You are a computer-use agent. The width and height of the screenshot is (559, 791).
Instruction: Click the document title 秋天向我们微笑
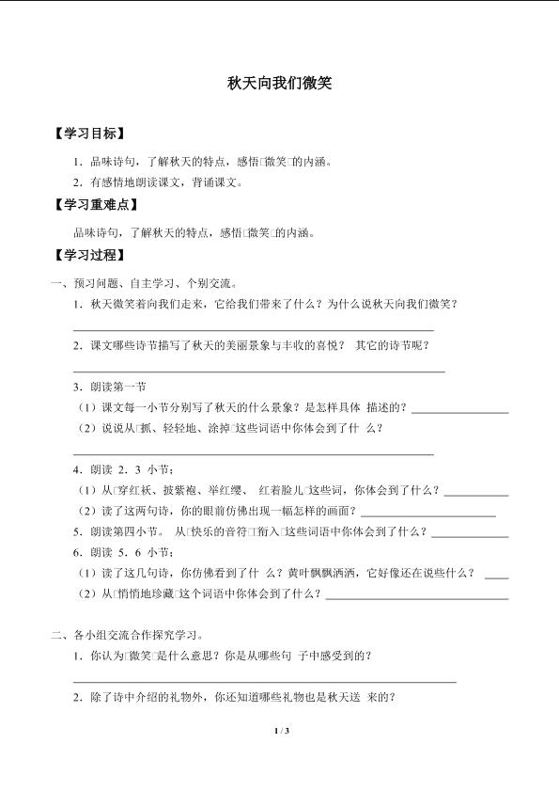[279, 83]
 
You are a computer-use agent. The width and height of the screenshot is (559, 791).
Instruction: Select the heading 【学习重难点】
[96, 205]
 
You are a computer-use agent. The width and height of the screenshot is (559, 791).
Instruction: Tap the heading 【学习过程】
[89, 255]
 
